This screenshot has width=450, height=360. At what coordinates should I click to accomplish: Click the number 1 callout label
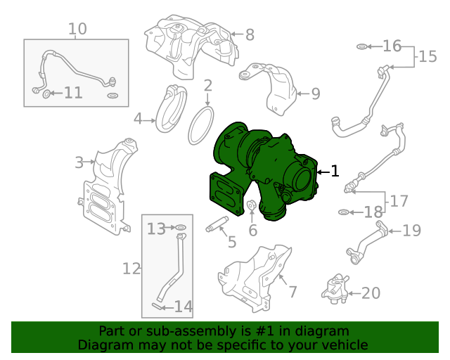pos(335,171)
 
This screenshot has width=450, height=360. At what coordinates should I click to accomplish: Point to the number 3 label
pos(79,163)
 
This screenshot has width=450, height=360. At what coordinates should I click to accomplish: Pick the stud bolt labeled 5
pos(217,224)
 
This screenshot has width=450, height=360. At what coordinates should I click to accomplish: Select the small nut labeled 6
pos(252,205)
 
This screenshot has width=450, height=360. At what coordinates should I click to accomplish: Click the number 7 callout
pos(292,292)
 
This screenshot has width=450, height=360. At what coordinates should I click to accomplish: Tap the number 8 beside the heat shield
pos(250,34)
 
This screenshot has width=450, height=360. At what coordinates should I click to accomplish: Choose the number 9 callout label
pos(316,94)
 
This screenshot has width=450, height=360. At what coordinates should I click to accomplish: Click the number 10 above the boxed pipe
pos(77,29)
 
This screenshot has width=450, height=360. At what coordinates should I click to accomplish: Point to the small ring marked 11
pos(46,94)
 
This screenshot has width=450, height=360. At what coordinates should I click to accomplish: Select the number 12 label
pos(131,269)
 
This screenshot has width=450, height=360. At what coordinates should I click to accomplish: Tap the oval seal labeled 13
pos(181,228)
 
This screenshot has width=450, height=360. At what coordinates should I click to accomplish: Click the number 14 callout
pos(184,307)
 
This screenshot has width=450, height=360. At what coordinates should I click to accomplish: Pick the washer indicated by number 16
pos(362,46)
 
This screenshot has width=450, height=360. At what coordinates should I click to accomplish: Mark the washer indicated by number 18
pos(344,212)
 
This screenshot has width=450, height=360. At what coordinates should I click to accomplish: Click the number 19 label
pos(412,230)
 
